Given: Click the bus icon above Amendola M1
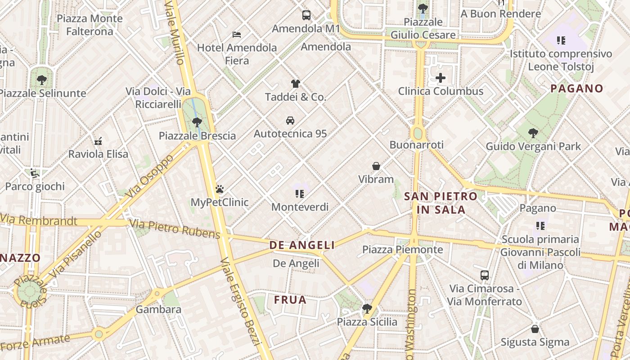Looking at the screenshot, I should (306, 15).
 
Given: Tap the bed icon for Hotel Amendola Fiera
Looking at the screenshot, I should (237, 34).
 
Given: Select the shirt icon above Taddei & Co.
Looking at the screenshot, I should (295, 84).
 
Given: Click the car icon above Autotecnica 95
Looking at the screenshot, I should (290, 121).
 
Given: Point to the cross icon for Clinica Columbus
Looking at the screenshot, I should (441, 78).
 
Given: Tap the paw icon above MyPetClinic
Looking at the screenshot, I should (220, 189).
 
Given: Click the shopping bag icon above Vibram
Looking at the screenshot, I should (376, 166).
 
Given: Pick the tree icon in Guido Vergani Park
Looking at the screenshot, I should (533, 133).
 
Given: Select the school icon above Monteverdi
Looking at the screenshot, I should (300, 194).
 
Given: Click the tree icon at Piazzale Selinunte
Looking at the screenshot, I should (42, 80).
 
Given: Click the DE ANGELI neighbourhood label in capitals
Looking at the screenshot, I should (302, 245).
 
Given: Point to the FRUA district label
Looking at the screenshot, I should (290, 300).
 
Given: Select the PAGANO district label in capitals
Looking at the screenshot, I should (576, 89).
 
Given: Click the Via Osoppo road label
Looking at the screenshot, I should (150, 177).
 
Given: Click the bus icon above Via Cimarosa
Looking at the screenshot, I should (485, 275).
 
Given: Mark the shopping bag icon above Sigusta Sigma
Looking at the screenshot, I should (535, 329).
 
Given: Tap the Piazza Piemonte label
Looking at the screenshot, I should (402, 249).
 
